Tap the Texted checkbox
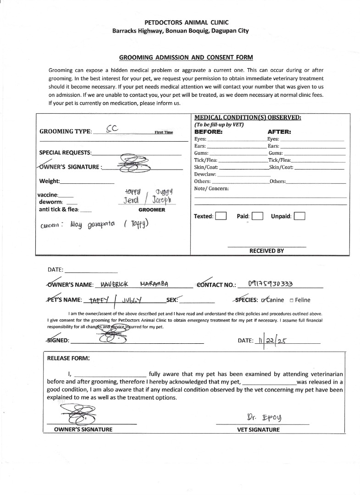221,216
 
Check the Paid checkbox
257,216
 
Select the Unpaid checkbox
299,216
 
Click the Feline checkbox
292,300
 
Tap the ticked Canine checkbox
263,300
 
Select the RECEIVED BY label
266,251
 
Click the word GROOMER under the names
152,209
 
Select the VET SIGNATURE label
258,429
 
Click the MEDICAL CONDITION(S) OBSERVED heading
248,118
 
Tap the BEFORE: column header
209,132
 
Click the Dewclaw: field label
205,174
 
